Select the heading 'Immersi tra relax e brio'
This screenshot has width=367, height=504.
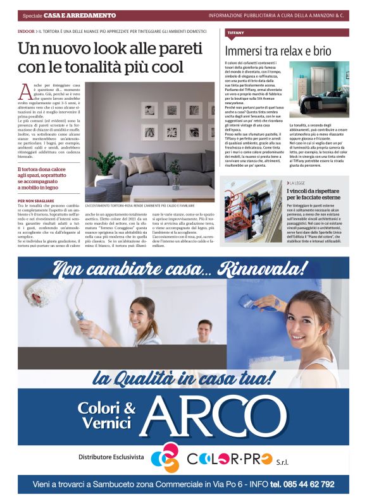click(x=278, y=52)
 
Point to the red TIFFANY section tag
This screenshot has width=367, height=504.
click(x=235, y=32)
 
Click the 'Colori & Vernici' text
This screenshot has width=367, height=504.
click(x=106, y=416)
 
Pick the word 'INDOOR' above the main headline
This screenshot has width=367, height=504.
click(x=26, y=30)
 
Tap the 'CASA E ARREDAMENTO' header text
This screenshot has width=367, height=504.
click(x=79, y=15)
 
